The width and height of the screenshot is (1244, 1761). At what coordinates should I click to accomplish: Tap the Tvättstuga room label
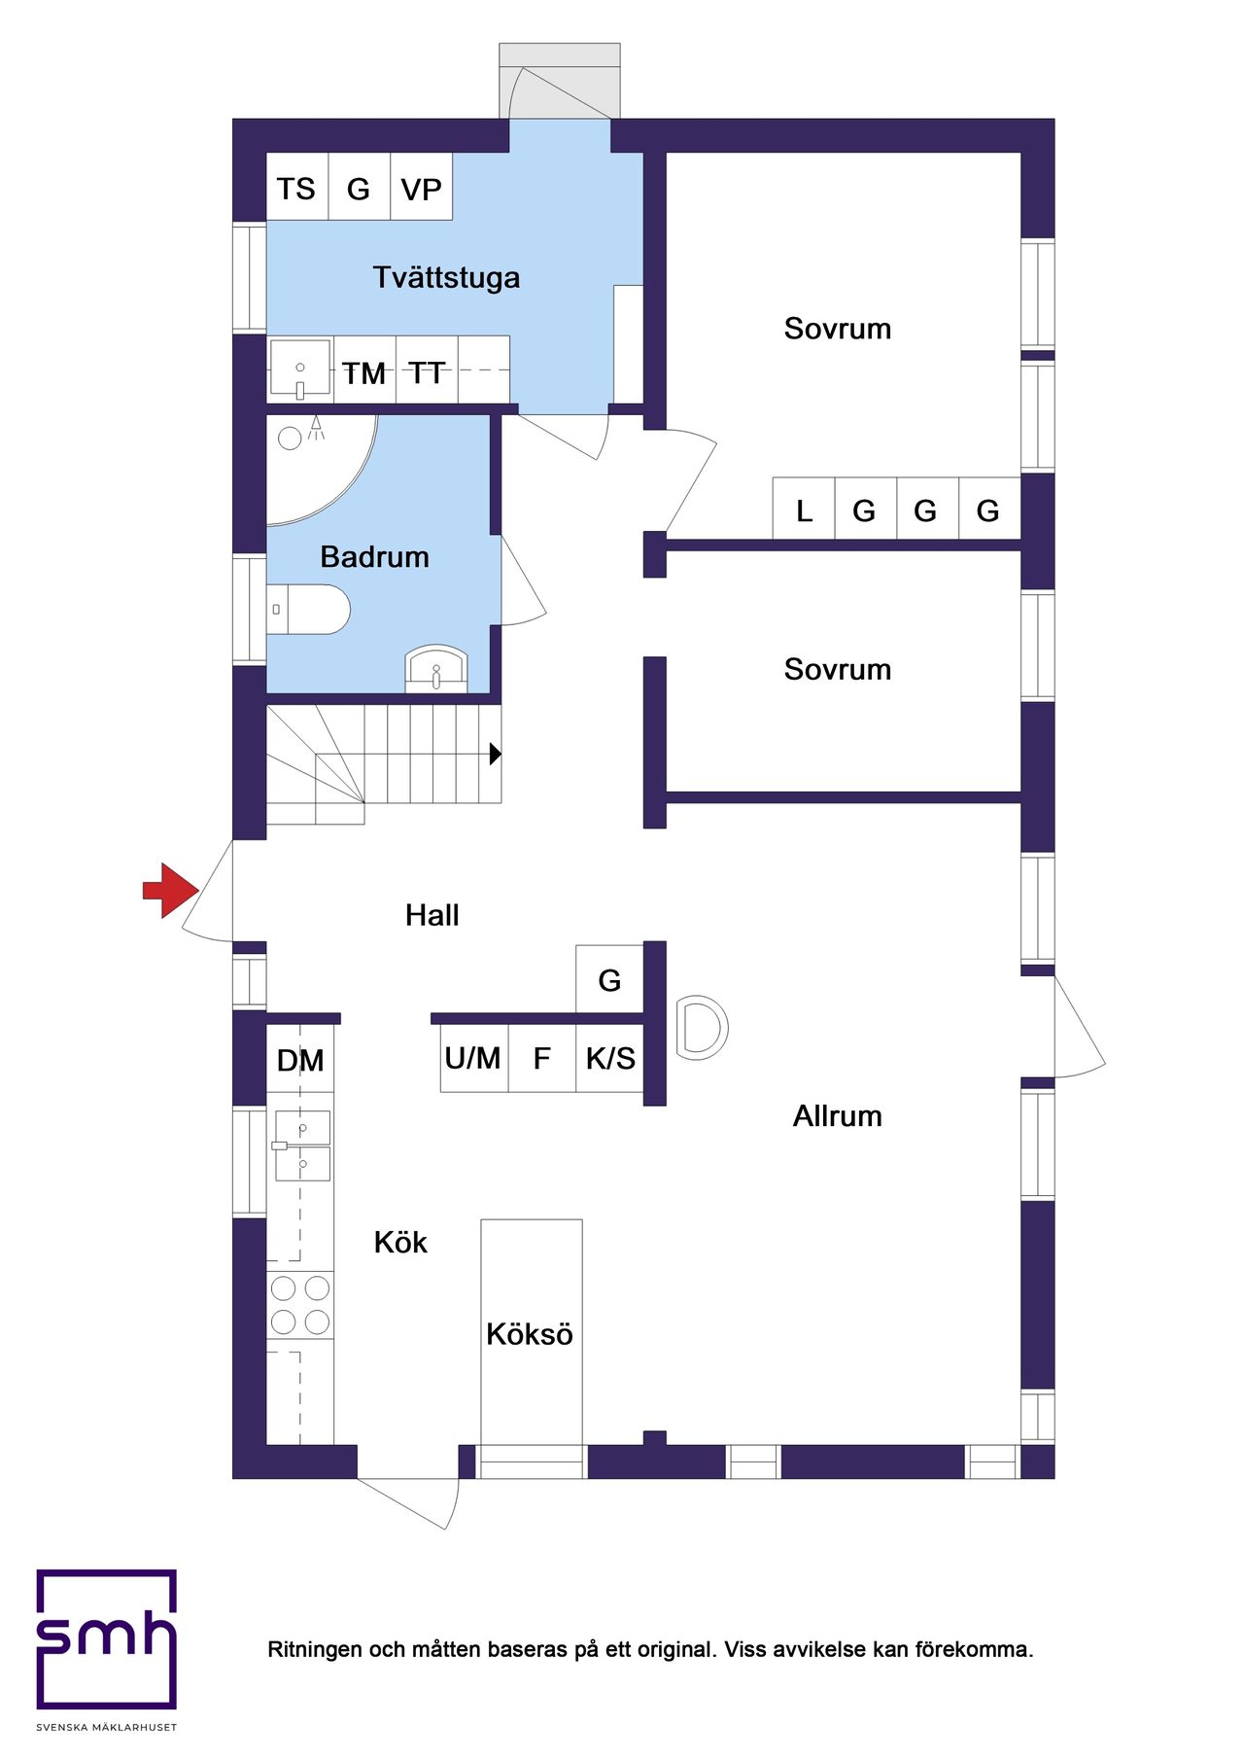coord(446,277)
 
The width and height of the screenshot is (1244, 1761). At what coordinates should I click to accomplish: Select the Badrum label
coord(374,556)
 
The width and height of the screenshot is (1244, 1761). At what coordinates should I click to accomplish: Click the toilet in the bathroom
coord(307,609)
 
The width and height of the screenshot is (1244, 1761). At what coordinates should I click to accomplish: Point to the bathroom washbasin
coord(436,668)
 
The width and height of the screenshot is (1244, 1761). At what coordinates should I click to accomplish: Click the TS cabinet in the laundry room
coord(296,187)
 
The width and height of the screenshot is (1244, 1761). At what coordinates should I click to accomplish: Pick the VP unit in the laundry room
coord(421,187)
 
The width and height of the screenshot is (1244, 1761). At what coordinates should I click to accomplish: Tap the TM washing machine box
coord(364,370)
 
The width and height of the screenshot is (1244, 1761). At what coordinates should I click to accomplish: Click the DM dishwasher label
coord(300,1060)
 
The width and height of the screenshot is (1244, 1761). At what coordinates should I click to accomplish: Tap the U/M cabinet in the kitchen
coord(473,1058)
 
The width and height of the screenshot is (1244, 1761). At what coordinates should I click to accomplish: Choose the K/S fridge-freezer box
coord(609,1058)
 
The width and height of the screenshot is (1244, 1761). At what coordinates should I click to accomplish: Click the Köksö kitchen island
coord(532,1332)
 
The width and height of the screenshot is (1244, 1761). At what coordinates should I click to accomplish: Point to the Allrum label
coord(838,1115)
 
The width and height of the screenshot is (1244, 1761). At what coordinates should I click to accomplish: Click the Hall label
coord(432,915)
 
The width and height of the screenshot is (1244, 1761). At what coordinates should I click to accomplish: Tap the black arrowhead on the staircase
coord(496,753)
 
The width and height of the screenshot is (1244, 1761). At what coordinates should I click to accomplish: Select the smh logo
coord(107,1639)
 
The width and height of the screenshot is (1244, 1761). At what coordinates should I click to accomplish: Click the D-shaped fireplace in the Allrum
coord(702,1027)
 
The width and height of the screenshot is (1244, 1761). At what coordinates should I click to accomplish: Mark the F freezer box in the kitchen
coord(541,1058)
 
